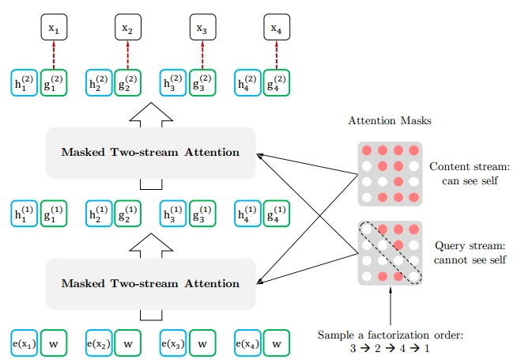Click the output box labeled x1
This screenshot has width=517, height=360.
click(54, 29)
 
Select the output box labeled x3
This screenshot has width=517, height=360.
click(202, 29)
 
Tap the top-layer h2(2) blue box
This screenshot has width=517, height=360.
click(99, 82)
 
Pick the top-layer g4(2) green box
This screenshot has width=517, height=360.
click(277, 82)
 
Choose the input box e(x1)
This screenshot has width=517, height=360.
click(25, 344)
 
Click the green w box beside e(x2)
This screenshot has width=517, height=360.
click(128, 344)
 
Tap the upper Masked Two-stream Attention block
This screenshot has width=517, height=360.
click(150, 152)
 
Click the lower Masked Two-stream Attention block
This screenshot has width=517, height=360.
click(150, 283)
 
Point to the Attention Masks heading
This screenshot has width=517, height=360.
click(390, 121)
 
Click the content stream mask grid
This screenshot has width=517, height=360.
click(390, 174)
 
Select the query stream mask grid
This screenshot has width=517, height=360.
click(390, 252)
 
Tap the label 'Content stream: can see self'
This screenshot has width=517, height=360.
click(470, 174)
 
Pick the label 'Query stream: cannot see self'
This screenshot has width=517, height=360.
click(470, 252)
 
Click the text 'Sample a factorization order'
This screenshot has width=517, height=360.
click(391, 335)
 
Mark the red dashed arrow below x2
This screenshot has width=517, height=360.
click(128, 55)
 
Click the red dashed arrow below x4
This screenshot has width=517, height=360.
click(277, 55)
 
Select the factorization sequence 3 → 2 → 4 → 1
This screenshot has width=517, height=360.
click(391, 349)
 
